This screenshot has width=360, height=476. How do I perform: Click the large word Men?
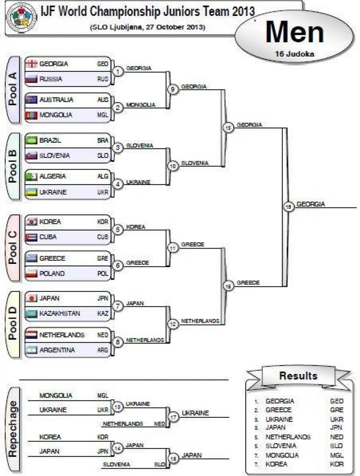pos(294,32)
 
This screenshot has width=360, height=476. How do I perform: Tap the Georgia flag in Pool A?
pos(32,63)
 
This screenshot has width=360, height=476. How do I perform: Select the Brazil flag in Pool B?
pos(32,141)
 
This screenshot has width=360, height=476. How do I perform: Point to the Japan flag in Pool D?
pos(32,298)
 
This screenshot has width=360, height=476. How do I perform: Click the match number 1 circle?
pos(119,71)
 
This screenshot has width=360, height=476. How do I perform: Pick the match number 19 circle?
pos(288,207)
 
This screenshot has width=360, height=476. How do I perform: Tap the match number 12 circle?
pos(173,324)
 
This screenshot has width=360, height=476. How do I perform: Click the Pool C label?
pos(14,248)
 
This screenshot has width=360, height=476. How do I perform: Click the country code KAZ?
pos(103,314)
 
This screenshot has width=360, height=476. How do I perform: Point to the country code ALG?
pos(103,176)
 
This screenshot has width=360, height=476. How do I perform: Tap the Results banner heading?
pos(299,376)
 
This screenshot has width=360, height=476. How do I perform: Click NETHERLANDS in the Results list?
pos(288,437)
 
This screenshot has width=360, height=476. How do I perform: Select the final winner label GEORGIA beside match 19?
pos(311,204)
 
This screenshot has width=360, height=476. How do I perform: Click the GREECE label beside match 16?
pos(248,282)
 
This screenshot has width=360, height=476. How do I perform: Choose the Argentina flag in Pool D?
pos(32,350)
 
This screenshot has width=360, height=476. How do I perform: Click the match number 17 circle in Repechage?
pos(173,417)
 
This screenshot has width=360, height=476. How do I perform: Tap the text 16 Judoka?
pos(294,53)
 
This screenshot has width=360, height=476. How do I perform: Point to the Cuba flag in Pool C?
pos(32,237)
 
